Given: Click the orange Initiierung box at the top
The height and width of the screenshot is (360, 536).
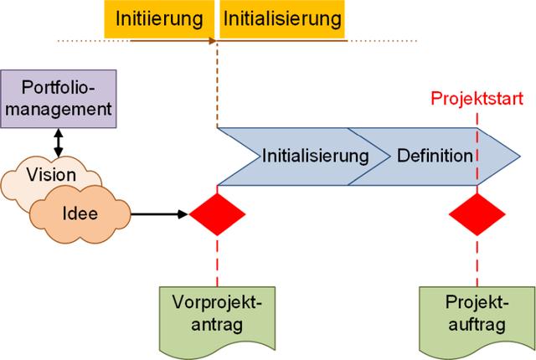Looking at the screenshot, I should tap(159, 18).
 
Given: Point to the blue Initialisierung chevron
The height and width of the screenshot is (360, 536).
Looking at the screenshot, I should tap(306, 156).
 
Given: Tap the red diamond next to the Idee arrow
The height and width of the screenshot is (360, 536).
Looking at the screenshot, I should tap(217, 214).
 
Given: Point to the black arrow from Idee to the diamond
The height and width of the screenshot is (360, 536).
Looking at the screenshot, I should tap(159, 214).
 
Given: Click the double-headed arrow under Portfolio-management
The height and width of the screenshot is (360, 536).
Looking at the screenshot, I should tap(58, 141).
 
